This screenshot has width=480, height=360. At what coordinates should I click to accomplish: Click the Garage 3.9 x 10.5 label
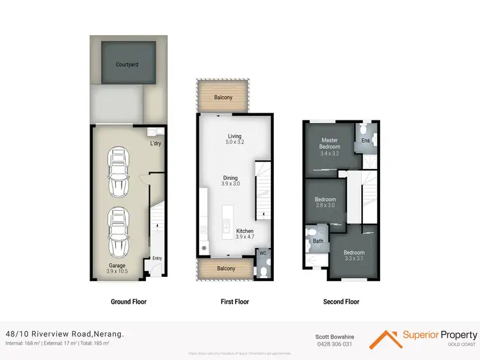coord(117,268)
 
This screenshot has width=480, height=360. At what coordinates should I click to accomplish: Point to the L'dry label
coord(156,143)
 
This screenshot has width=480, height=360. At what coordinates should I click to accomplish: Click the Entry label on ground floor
coord(157,259)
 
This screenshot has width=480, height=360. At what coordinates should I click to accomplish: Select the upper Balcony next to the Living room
coord(223,97)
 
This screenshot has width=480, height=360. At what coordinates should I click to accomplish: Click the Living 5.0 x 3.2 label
coord(236,139)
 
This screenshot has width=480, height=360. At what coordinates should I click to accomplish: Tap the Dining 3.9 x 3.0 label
coord(230,181)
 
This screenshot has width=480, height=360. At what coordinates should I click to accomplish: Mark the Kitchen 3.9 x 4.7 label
coord(245,234)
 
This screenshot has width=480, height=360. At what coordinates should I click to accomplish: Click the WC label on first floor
coord(263,254)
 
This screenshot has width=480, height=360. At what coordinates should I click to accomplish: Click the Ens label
coord(365,140)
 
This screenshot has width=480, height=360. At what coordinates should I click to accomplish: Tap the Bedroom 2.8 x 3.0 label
coord(325,202)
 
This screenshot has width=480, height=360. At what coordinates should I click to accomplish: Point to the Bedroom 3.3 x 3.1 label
coord(354,256)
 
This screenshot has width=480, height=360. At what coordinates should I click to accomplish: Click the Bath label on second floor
coord(317,241)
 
